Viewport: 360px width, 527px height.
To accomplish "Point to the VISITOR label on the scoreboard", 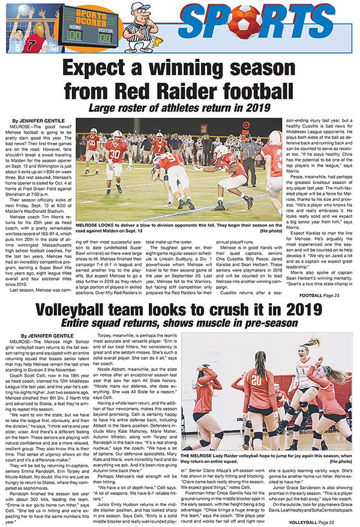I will pos(105,27).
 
